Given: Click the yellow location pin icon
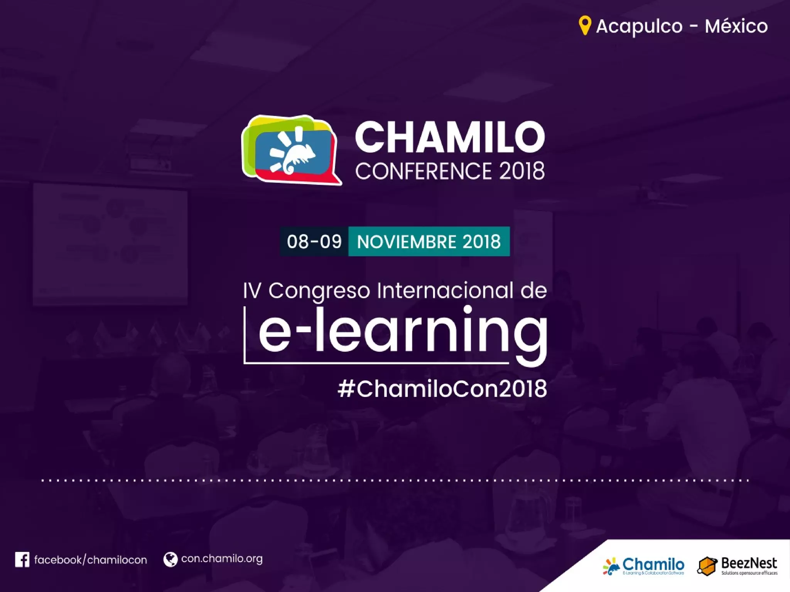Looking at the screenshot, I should pos(585,25).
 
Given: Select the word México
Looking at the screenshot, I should pos(736,26).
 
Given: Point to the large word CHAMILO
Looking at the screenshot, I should pos(450,137).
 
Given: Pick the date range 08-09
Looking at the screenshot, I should pos(314,242).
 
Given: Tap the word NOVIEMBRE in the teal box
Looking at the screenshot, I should pos(407,242).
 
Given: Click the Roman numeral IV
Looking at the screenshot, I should pos(252,291).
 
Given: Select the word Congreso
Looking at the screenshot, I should pos(319,291).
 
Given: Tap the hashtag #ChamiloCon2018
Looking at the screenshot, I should pos(442,388).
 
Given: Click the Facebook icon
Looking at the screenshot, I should pos(22,560).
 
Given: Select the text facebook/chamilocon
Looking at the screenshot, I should pos(91,560).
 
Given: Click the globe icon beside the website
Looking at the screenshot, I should pos(170,559).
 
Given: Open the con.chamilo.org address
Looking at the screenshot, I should pos(222,559).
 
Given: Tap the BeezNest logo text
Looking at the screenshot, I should pos(749,563).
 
